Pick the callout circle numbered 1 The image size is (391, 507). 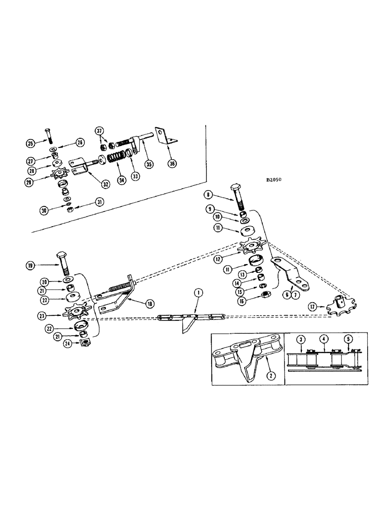199,292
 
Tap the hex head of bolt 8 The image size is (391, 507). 239,190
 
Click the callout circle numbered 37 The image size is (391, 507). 100,131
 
